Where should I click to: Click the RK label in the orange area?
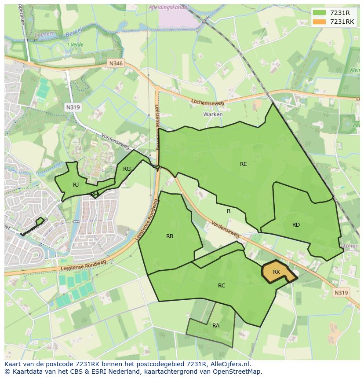[x=276, y=272]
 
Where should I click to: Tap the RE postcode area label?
[x=243, y=164]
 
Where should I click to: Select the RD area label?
[x=296, y=225]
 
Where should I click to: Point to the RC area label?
[x=222, y=286]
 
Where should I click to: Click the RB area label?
[x=170, y=236]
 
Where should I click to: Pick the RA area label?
[x=215, y=326]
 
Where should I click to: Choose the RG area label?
[x=127, y=169]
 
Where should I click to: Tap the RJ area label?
[x=76, y=185]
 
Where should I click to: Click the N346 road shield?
[x=116, y=64]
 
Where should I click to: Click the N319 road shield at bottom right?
[x=341, y=293]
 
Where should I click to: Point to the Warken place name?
[x=213, y=114]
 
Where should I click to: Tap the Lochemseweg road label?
[x=207, y=103]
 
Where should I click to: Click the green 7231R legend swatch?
[x=320, y=13]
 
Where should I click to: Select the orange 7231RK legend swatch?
[x=320, y=22]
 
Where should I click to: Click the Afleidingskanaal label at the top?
[x=169, y=7]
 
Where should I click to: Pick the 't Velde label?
[x=74, y=45]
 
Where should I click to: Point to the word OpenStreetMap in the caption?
[x=239, y=372]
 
